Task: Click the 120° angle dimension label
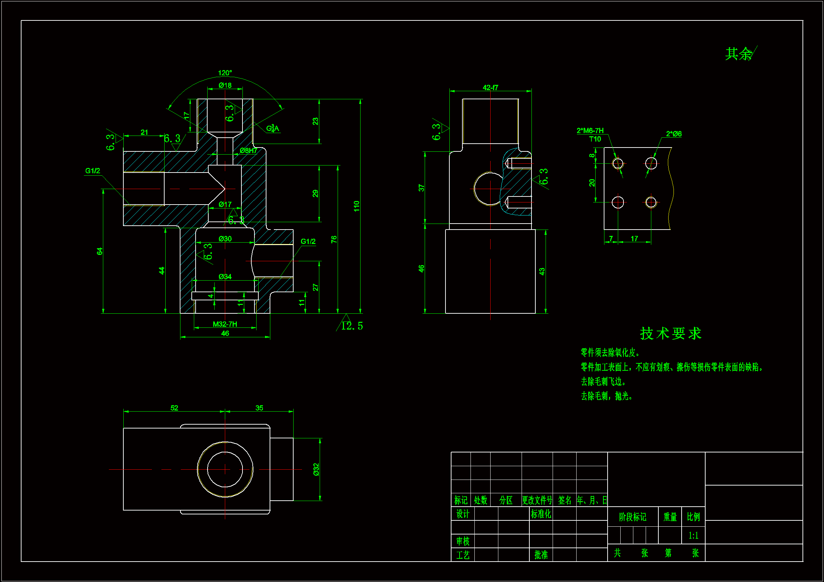click(x=225, y=73)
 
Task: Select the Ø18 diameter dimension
click(x=225, y=85)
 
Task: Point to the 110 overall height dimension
click(x=356, y=206)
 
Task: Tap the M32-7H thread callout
click(x=225, y=324)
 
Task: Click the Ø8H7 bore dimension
click(x=248, y=151)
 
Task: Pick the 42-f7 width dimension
click(x=490, y=88)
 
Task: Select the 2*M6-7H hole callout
click(x=590, y=131)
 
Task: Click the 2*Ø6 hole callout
click(x=674, y=134)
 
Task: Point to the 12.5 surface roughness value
click(x=352, y=326)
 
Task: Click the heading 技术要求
click(x=670, y=333)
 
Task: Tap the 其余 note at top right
click(x=739, y=54)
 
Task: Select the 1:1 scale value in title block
click(x=693, y=536)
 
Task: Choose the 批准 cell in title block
click(x=541, y=555)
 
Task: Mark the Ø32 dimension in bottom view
click(x=316, y=469)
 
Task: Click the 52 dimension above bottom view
click(x=174, y=408)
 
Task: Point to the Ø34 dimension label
click(x=225, y=277)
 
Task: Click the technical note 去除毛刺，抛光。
click(x=607, y=396)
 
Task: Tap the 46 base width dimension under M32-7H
click(x=225, y=333)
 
